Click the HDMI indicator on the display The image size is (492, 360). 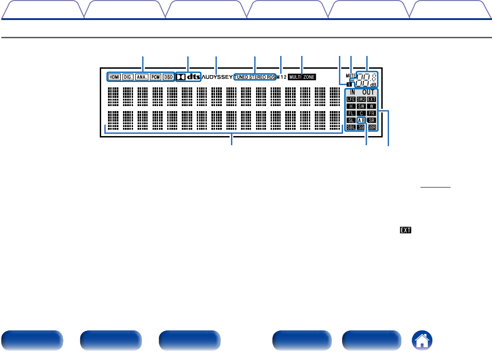click(x=114, y=77)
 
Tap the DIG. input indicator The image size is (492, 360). click(x=128, y=77)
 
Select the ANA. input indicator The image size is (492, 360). click(x=142, y=77)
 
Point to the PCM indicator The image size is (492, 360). click(x=155, y=77)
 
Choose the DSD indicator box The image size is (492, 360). click(x=168, y=77)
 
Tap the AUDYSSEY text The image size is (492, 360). click(x=217, y=77)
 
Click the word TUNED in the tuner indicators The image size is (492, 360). click(x=243, y=77)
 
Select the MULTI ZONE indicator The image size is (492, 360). click(x=302, y=77)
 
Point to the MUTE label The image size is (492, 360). click(x=350, y=75)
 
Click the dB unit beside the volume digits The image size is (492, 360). click(x=373, y=84)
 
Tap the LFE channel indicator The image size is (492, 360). click(x=351, y=99)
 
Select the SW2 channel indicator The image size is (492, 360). click(x=361, y=99)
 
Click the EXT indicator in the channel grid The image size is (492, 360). click(x=372, y=99)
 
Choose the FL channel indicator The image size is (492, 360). click(x=351, y=113)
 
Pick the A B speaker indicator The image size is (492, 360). click(x=361, y=120)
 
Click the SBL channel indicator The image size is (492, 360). click(x=351, y=127)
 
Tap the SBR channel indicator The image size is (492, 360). click(x=372, y=127)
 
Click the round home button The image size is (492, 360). click(x=423, y=340)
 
